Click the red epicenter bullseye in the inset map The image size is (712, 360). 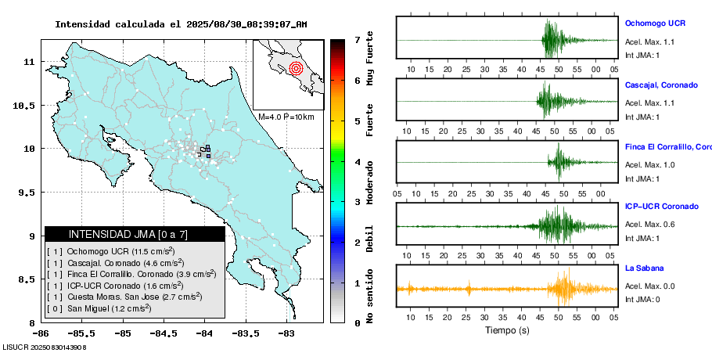295,68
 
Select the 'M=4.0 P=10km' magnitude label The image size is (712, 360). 286,117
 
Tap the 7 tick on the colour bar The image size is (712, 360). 357,39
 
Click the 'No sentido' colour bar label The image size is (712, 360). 370,297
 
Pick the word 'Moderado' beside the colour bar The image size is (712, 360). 370,182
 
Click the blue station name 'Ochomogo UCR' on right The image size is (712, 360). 655,23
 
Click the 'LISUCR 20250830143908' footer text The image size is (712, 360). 44,346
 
